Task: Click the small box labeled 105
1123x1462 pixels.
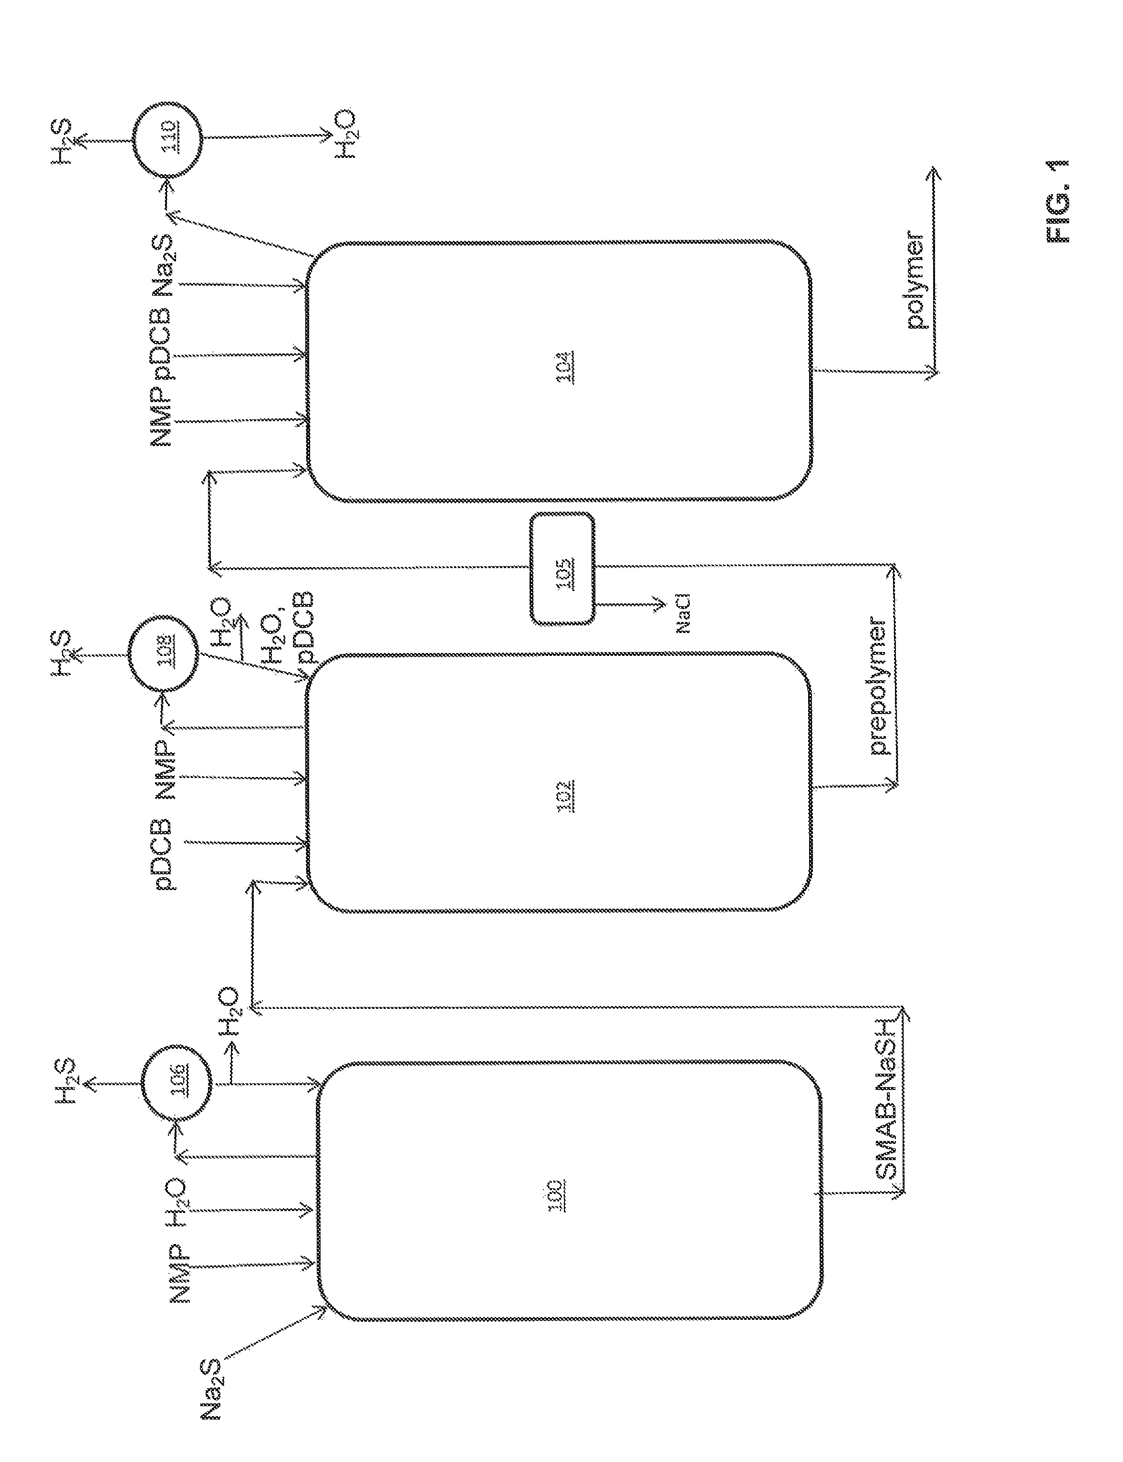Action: [x=562, y=569]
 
